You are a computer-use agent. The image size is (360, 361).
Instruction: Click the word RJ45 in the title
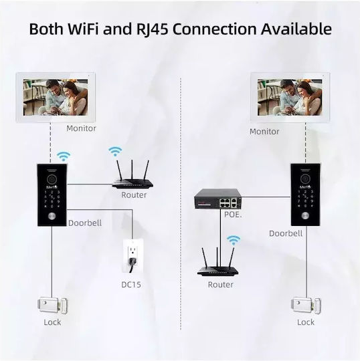(152, 29)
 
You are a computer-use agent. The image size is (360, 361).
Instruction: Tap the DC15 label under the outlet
(131, 285)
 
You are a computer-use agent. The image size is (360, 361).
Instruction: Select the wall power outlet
(133, 256)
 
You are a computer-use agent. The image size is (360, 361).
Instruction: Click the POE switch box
(217, 199)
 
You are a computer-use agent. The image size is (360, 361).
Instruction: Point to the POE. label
(233, 215)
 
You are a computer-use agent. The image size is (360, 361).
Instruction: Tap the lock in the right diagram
(306, 306)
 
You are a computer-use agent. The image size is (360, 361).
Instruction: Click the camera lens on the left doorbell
(52, 180)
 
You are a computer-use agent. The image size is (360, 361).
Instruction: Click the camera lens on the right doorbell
(304, 180)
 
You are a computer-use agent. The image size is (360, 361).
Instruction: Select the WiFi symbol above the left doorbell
(64, 156)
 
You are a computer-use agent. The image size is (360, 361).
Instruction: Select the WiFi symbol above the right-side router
(234, 240)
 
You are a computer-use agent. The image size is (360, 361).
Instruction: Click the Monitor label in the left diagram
(81, 128)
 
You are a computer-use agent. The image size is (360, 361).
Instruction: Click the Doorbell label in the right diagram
(286, 233)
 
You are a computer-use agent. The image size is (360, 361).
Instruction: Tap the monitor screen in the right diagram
(290, 98)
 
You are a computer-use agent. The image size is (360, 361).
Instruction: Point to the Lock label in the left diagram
(52, 322)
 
